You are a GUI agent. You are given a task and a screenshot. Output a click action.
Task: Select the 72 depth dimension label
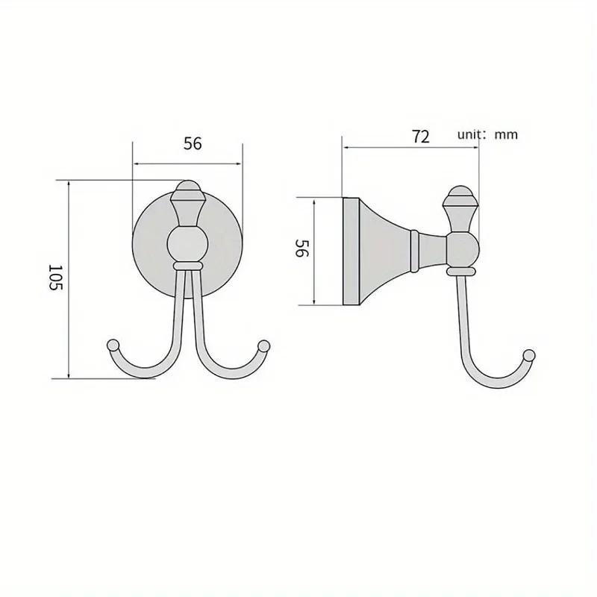421,136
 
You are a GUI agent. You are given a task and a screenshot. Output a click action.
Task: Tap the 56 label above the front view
193,144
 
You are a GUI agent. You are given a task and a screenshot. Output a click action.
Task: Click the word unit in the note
470,135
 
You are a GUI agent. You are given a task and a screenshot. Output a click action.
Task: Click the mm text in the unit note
506,135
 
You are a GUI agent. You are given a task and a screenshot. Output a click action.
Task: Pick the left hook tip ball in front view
113,346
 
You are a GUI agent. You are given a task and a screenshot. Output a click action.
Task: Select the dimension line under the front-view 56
187,163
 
